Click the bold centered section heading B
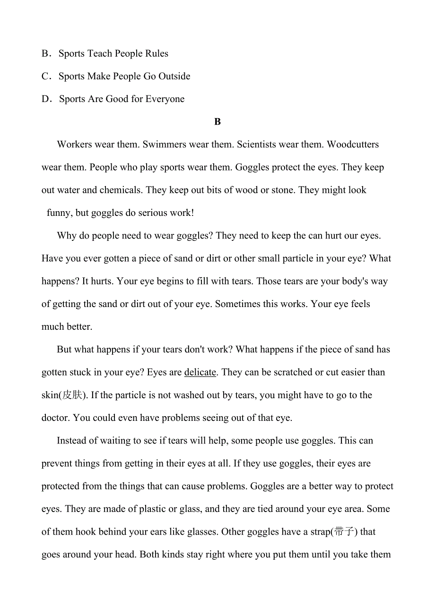(217, 122)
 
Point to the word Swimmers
(164, 145)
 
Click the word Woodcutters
(353, 145)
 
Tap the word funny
(59, 213)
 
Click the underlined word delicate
(200, 373)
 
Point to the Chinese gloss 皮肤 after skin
(72, 395)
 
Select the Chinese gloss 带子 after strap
(345, 532)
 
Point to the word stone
(283, 190)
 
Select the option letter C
(46, 77)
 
